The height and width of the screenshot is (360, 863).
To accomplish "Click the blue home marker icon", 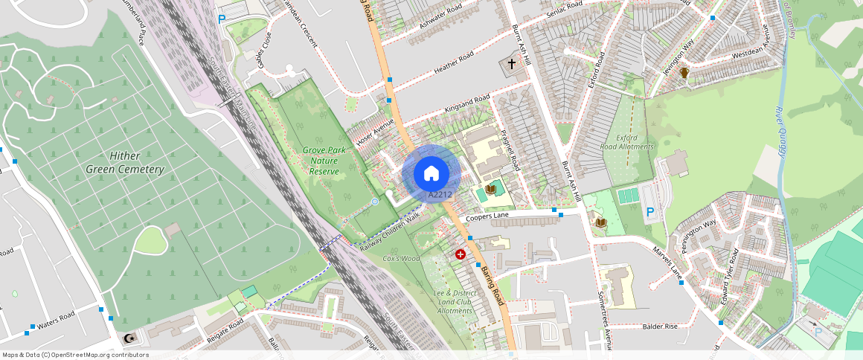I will tap(431, 174).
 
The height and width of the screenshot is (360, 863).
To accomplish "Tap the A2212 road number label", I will tap(440, 195).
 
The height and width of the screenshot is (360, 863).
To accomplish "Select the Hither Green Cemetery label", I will tap(125, 163).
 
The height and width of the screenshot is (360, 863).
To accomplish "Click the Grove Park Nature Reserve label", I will tap(324, 161).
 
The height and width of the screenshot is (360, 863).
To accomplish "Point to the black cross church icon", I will tap(511, 65).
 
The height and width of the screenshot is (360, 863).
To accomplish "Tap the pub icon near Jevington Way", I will tap(684, 74).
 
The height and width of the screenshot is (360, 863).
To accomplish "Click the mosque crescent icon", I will tap(130, 339).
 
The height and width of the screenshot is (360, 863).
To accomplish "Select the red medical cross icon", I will tap(461, 254).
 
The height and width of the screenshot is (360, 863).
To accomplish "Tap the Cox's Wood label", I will tap(401, 258).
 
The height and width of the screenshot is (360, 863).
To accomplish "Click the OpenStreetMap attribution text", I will tap(75, 355).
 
